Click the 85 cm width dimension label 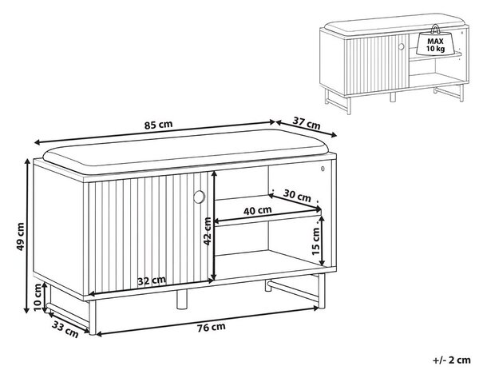[158, 125]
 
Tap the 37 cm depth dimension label [307, 123]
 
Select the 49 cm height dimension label [20, 237]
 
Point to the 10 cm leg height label [38, 297]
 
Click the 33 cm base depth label [65, 329]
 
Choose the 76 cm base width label [211, 328]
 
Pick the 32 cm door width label [152, 280]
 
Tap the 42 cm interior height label [208, 231]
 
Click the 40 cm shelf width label [258, 211]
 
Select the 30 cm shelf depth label [297, 196]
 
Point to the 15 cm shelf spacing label [316, 241]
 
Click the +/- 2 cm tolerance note [452, 360]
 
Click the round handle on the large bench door [200, 197]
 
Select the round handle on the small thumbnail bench [401, 47]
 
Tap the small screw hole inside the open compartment [323, 168]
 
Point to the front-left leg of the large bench [93, 318]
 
